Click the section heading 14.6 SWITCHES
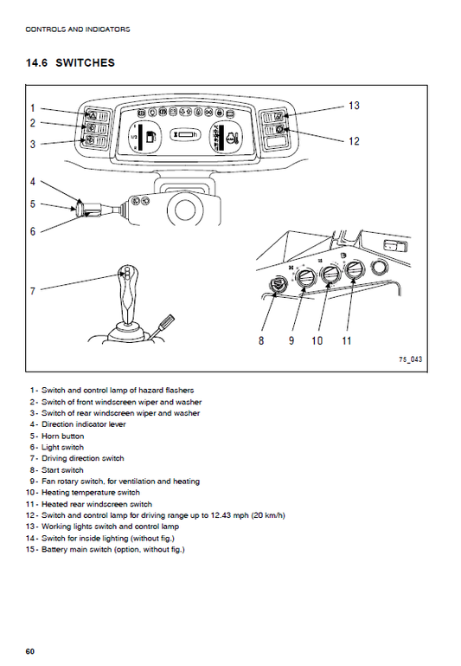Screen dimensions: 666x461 point(71,63)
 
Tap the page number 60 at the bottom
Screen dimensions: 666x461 point(30,650)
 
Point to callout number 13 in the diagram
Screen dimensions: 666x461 point(354,106)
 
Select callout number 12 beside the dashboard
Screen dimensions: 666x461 point(354,141)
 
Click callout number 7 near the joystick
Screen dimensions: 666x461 point(33,291)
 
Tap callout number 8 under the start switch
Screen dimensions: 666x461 point(261,341)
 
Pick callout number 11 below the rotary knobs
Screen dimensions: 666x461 point(346,341)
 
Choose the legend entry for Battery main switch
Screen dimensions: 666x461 point(112,549)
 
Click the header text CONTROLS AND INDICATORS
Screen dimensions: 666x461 point(78,29)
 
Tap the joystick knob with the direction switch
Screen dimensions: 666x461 point(126,279)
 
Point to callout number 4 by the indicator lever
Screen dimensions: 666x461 point(33,182)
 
